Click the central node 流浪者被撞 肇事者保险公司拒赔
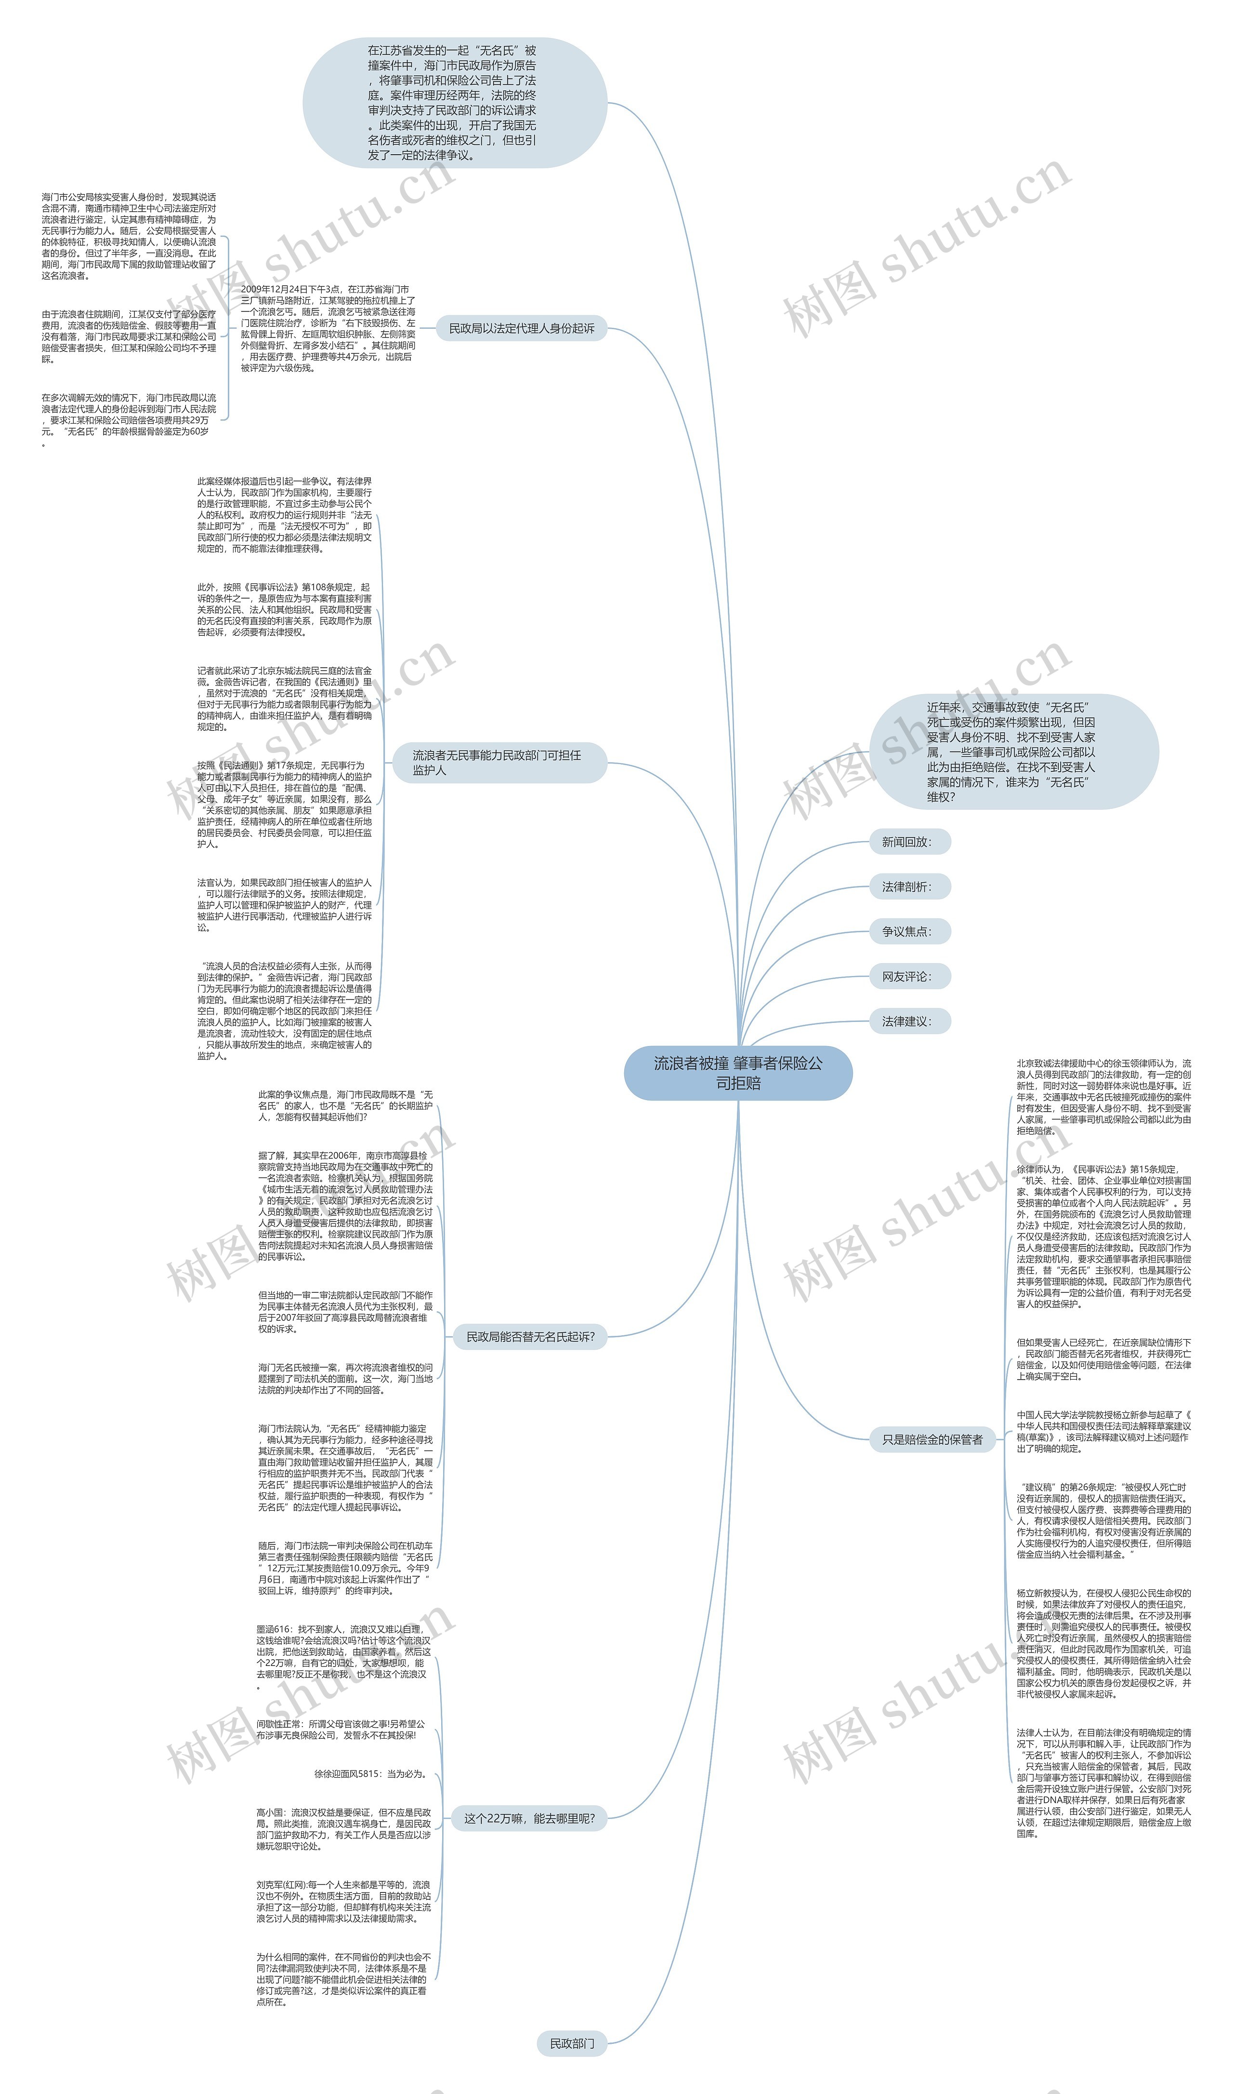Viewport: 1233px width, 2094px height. pos(738,1073)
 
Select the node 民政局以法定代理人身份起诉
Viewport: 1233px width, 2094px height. pos(522,328)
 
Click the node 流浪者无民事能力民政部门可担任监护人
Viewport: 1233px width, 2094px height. pos(497,762)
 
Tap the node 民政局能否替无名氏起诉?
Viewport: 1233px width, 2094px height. pos(530,1337)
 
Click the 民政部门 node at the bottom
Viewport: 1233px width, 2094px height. pos(572,2043)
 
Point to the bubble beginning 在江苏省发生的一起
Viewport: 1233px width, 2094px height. pos(454,102)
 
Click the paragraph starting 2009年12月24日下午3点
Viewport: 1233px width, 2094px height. pos(328,328)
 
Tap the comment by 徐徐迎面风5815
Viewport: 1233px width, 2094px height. pos(370,1774)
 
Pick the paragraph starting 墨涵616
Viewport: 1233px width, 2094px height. pos(343,1658)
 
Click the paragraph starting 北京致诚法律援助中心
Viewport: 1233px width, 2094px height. pos(1103,1097)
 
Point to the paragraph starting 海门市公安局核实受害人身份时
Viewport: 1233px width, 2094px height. pos(129,236)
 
